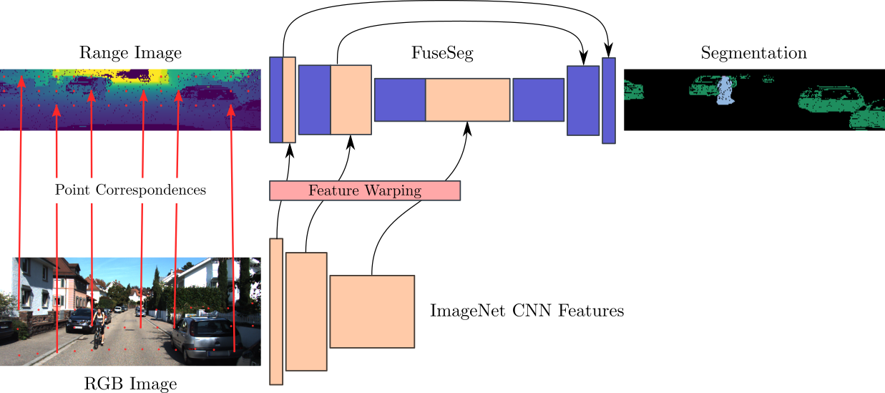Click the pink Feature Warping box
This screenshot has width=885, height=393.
click(x=365, y=190)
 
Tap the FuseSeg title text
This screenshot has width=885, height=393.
click(x=442, y=53)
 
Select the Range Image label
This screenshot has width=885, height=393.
click(x=130, y=53)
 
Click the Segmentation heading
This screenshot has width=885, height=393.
click(x=753, y=53)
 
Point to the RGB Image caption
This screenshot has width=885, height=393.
click(x=130, y=383)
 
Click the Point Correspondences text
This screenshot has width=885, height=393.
click(x=130, y=190)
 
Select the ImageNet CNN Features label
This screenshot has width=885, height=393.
click(x=527, y=311)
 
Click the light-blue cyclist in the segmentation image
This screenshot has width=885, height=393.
click(x=725, y=92)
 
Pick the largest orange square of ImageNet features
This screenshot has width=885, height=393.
click(x=372, y=311)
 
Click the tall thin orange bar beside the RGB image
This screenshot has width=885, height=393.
click(x=276, y=311)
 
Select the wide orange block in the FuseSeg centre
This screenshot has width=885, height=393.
click(x=468, y=100)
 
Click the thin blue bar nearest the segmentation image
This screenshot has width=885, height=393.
click(x=609, y=101)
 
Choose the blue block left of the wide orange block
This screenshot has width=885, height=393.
click(x=400, y=100)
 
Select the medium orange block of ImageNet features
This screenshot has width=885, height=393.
click(x=306, y=311)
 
